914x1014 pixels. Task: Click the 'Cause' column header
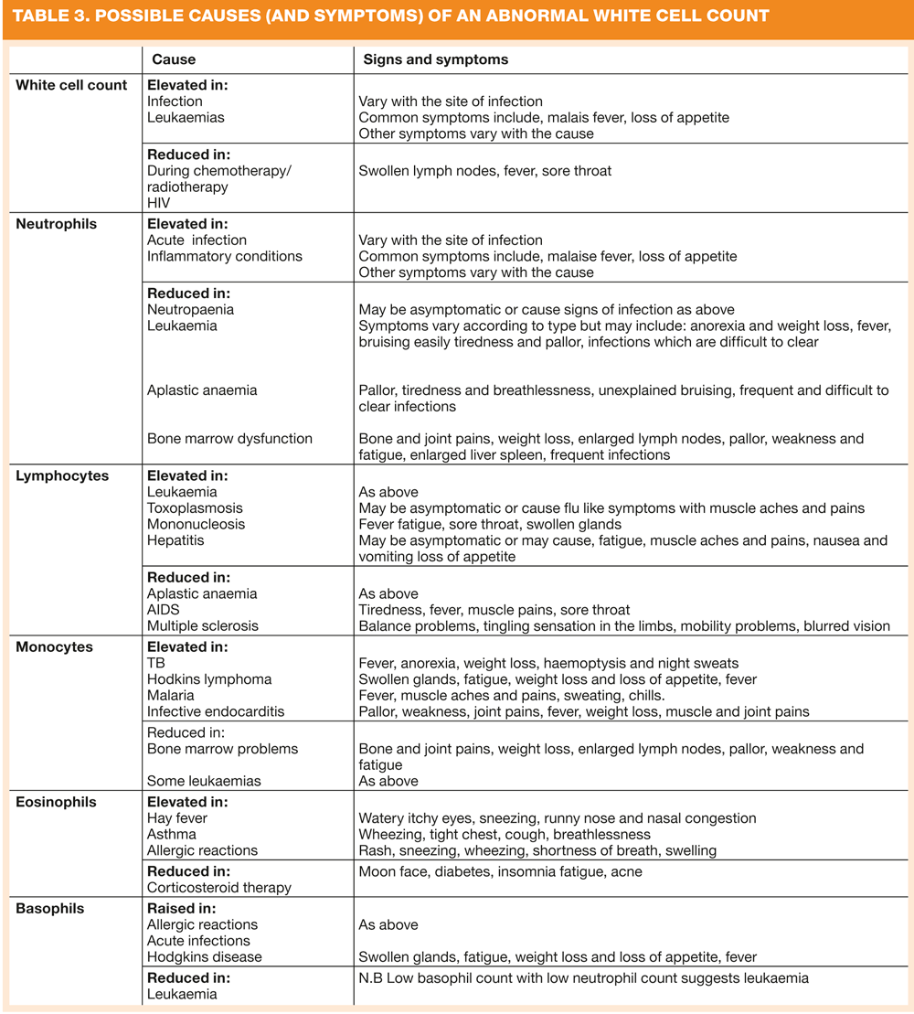(x=174, y=59)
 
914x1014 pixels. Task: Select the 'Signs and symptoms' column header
(x=435, y=59)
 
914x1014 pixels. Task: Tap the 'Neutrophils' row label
(x=55, y=223)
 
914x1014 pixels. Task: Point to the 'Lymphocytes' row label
(x=62, y=475)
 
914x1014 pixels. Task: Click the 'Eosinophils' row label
(x=56, y=802)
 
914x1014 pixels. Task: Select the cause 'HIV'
(x=160, y=203)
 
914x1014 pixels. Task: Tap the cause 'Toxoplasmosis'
(x=195, y=508)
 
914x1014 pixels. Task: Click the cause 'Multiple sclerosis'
(x=203, y=626)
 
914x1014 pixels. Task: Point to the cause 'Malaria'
(x=171, y=696)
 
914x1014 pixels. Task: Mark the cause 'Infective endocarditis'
(x=216, y=711)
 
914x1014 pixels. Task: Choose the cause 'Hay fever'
(x=177, y=818)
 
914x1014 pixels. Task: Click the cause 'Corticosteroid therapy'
(x=219, y=887)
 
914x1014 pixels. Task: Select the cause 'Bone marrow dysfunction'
(x=229, y=439)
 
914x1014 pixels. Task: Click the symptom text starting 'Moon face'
(x=500, y=871)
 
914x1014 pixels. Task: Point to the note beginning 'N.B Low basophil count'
(x=583, y=978)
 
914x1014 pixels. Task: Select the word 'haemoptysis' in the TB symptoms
(x=579, y=664)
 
